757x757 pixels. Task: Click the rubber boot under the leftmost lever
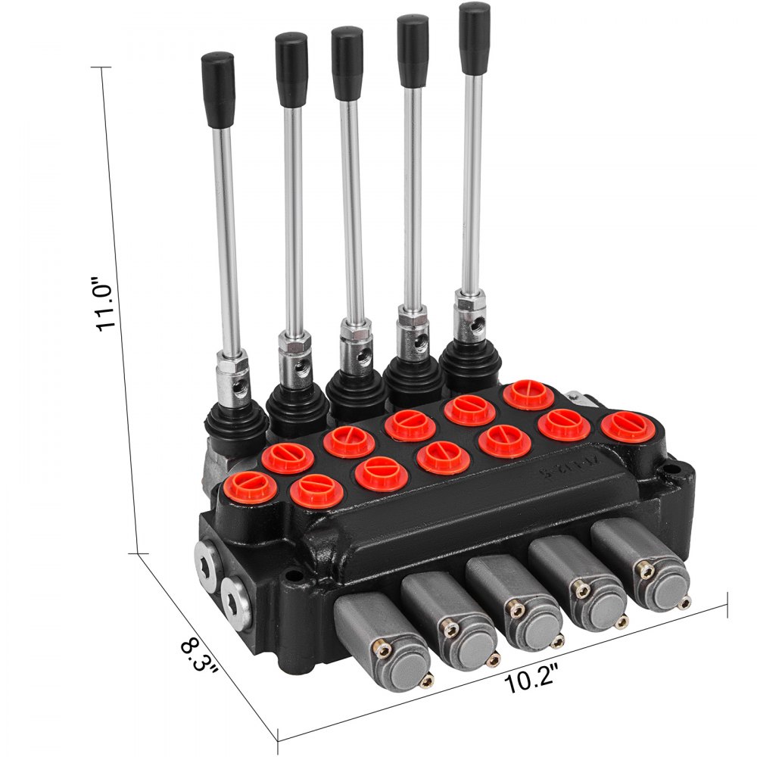[239, 417]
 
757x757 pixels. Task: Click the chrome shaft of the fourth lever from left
[412, 189]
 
